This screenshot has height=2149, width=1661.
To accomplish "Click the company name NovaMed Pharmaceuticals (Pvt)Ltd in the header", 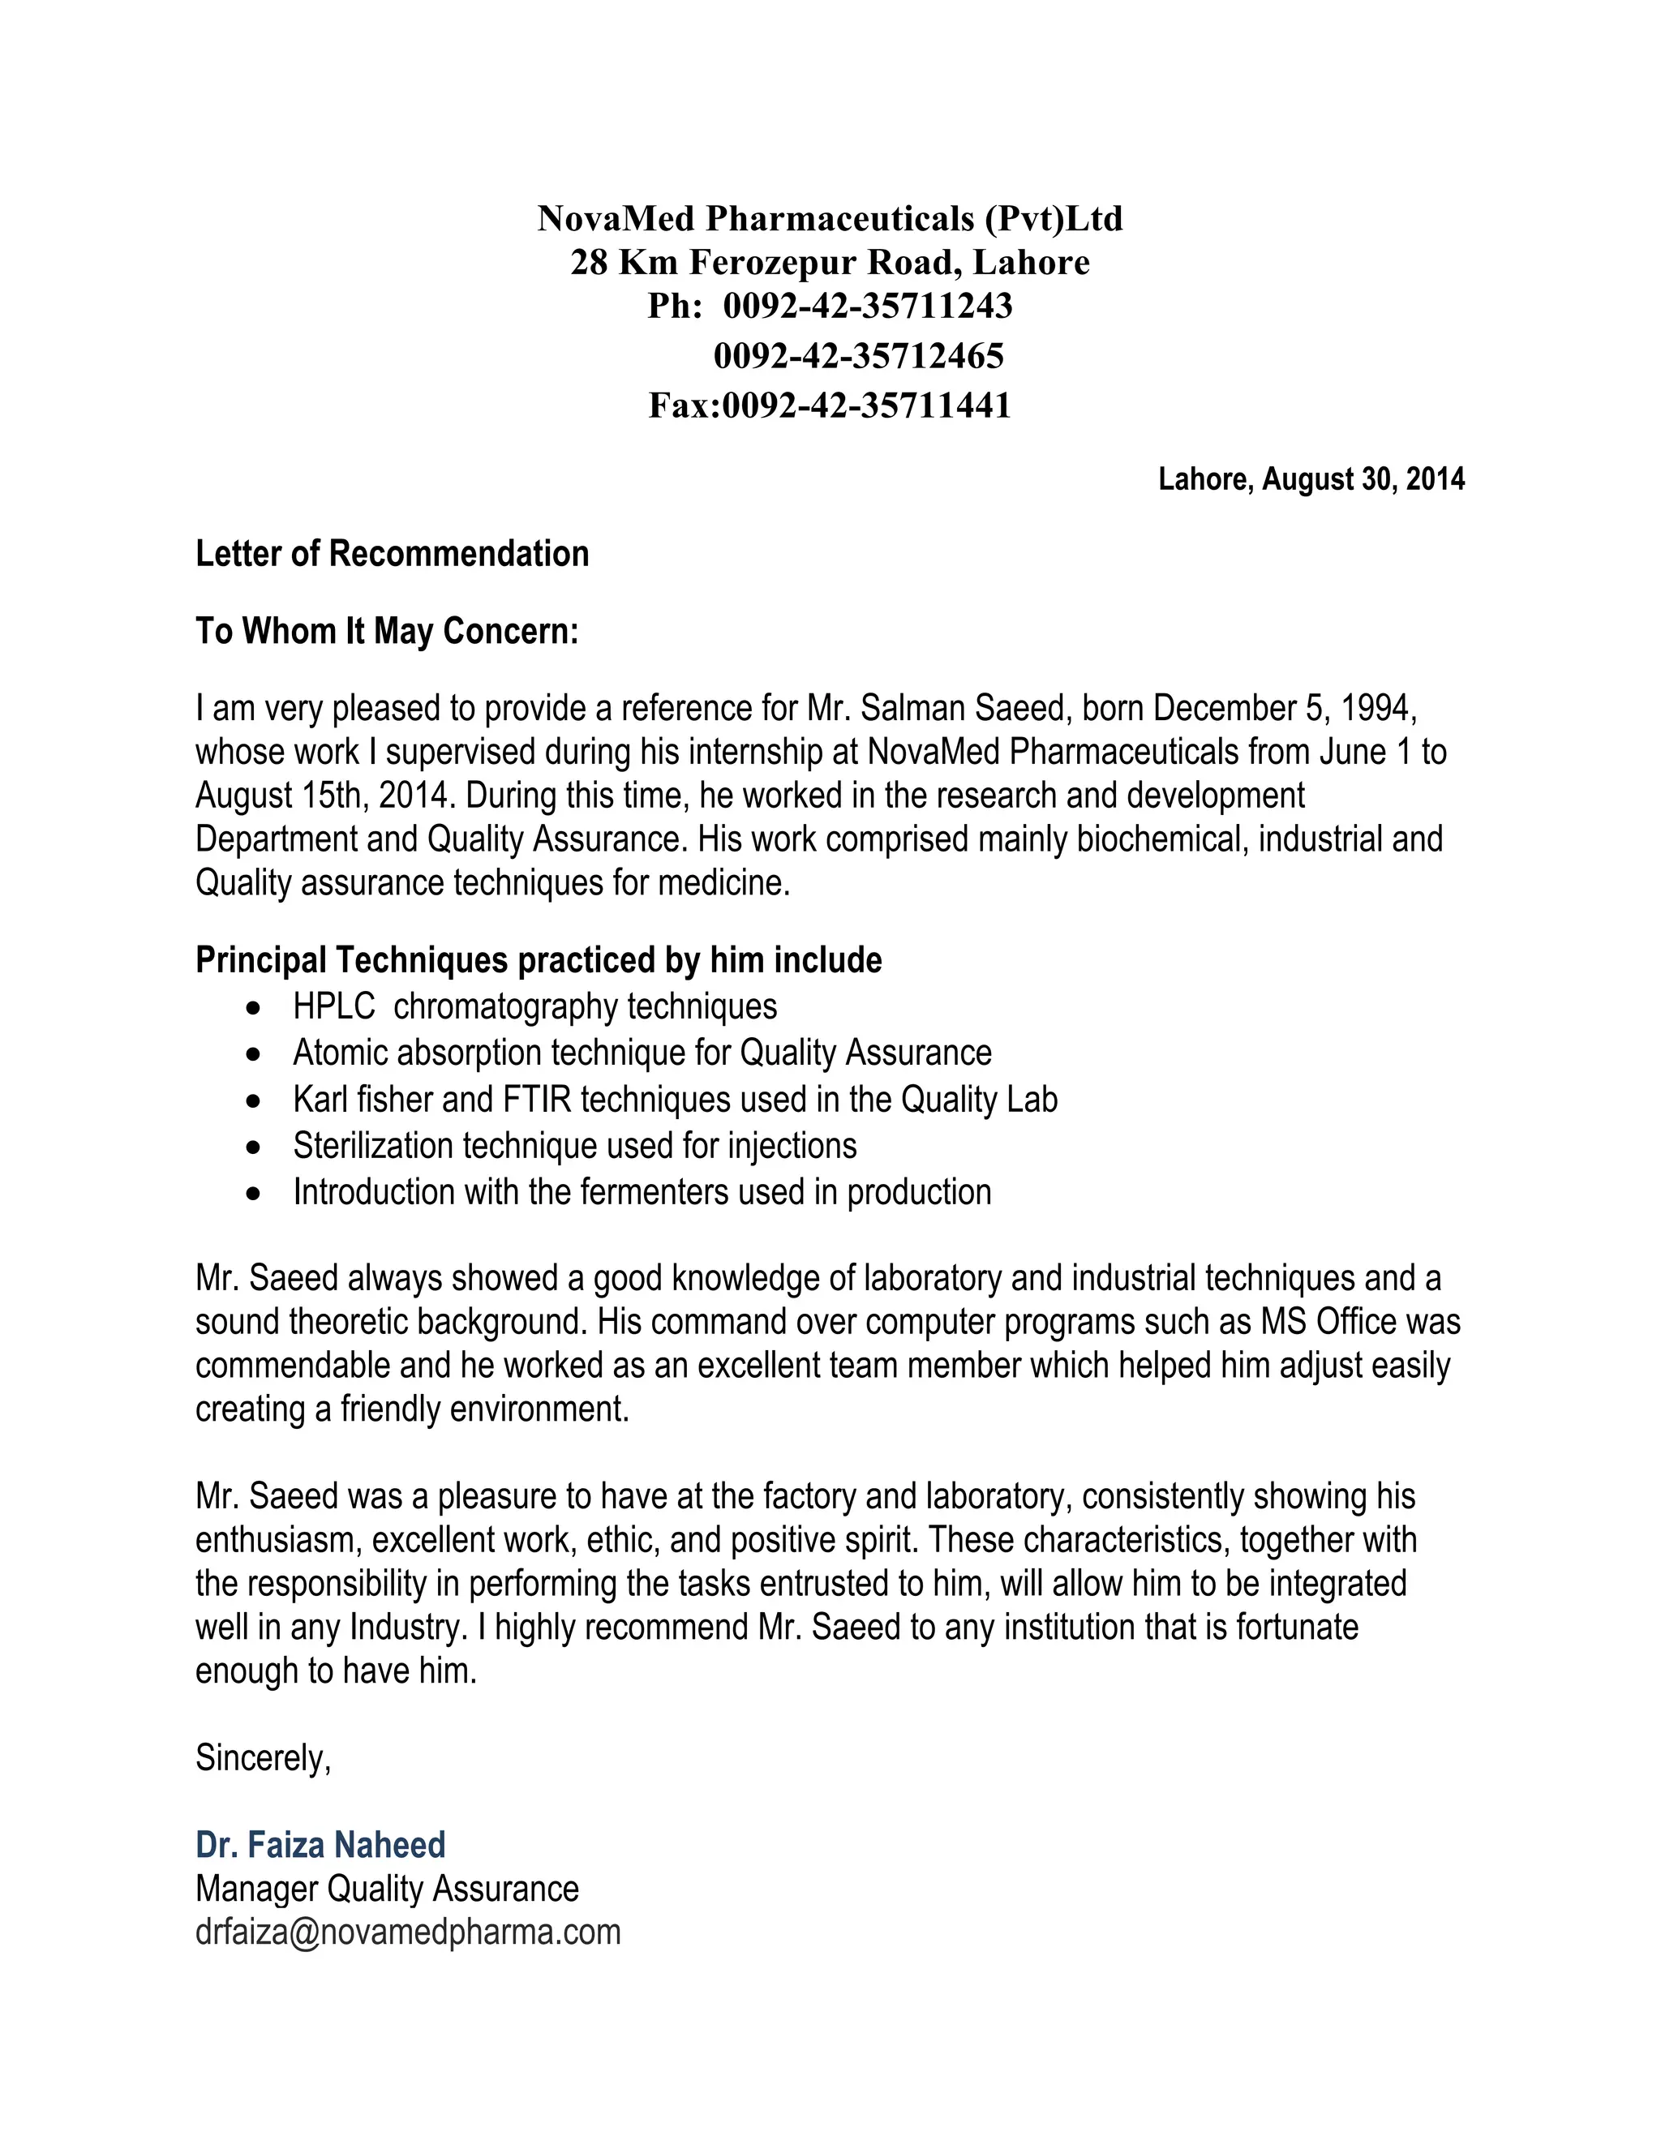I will [x=830, y=218].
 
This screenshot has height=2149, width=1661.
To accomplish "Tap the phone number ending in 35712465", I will [x=858, y=356].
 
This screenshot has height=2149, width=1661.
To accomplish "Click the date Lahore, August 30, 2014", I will [x=1311, y=479].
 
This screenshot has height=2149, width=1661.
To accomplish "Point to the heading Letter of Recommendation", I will [x=392, y=554].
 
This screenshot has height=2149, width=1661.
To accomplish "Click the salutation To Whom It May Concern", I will [x=387, y=631].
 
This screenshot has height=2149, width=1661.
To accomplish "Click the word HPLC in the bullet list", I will [x=333, y=1006].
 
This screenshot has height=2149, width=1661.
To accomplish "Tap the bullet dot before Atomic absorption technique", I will [x=255, y=1054].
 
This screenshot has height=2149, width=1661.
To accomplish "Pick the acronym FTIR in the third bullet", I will [x=537, y=1099].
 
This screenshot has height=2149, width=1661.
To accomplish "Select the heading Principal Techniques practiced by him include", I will [x=539, y=959].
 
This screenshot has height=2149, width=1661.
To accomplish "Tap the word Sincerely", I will [x=263, y=1757].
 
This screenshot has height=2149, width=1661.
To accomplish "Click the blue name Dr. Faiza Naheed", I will [x=321, y=1844].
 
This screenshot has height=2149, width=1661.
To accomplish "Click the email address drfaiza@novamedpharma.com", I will [x=407, y=1932].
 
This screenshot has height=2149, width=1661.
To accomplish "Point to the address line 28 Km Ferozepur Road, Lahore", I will [x=830, y=263].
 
